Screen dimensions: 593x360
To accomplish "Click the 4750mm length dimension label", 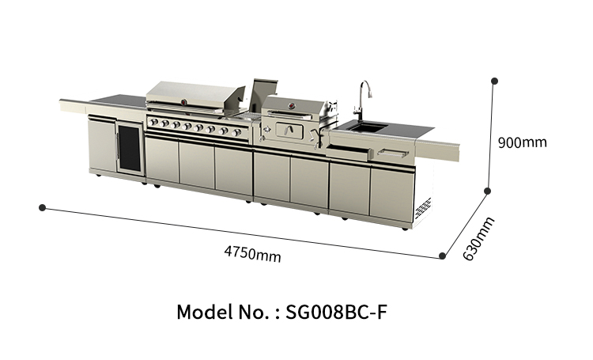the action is (x=253, y=254).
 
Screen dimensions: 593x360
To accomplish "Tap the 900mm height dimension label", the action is (x=523, y=142).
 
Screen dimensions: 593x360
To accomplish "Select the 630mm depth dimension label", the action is (x=479, y=239).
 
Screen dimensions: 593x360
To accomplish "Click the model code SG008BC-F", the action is (x=336, y=312).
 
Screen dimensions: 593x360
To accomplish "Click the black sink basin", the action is (x=368, y=127).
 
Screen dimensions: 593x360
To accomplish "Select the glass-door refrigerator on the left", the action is (x=130, y=149).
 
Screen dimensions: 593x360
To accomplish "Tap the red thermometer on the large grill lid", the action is (x=183, y=102).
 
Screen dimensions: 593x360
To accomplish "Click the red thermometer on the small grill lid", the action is (x=292, y=105).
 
